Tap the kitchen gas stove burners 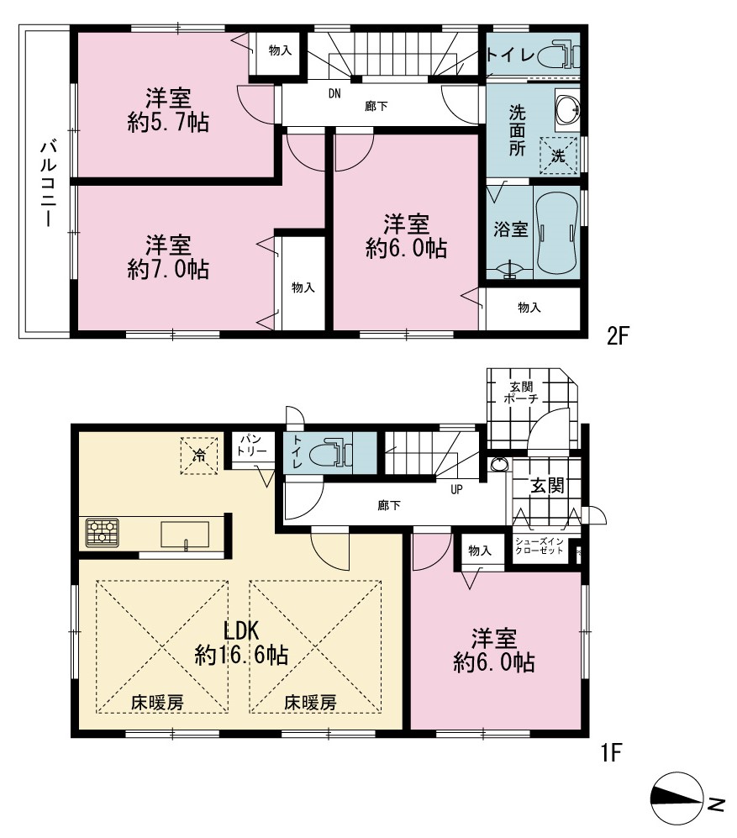point(102,533)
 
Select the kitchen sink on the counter point(186,535)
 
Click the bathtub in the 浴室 point(557,233)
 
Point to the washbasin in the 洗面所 point(567,110)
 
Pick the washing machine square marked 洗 point(559,155)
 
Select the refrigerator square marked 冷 point(199,456)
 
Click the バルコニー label point(48,182)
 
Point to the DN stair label point(334,94)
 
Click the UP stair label point(456,489)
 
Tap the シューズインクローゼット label point(540,545)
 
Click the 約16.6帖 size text point(241,654)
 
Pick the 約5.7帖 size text point(168,123)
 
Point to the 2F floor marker point(619,336)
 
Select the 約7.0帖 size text point(168,269)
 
